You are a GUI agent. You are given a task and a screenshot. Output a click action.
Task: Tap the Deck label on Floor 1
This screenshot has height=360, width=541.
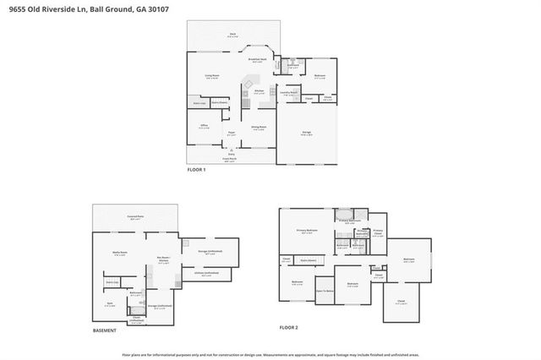click(x=232, y=35)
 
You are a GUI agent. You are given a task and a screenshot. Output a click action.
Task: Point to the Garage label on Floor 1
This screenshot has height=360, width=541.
click(x=307, y=134)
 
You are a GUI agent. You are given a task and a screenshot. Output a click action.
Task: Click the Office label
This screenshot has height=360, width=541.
click(x=204, y=126)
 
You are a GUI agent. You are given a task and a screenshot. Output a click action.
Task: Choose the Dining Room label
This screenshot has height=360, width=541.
click(x=259, y=127)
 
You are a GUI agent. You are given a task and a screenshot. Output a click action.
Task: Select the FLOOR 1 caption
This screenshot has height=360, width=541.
click(x=197, y=171)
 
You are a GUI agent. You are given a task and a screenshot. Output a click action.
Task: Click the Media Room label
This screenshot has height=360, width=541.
click(x=119, y=253)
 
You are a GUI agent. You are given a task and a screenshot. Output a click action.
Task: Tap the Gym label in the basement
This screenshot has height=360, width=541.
click(x=109, y=301)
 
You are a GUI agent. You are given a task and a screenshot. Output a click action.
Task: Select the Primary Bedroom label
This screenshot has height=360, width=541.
click(x=306, y=230)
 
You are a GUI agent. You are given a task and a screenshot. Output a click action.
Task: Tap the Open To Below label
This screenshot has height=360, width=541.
click(x=324, y=291)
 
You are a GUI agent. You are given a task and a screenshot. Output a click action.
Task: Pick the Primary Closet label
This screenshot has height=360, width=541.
click(x=378, y=231)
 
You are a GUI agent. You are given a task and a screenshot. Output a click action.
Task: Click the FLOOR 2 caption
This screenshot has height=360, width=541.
click(x=289, y=327)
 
